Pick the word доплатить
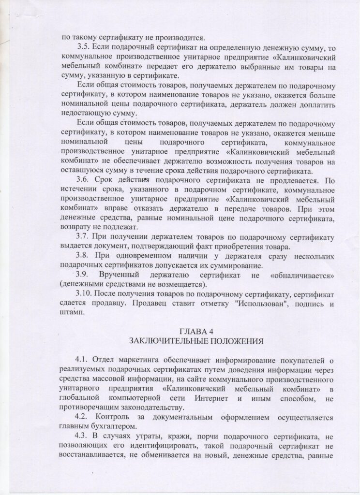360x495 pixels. pos(309,104)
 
